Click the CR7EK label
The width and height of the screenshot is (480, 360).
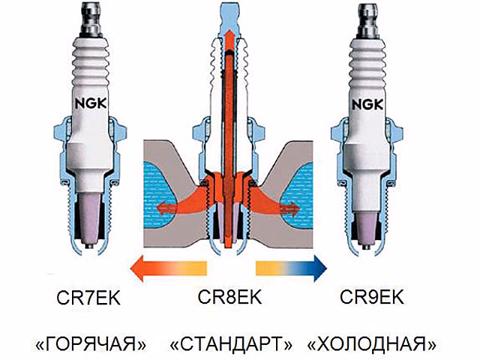click(88, 298)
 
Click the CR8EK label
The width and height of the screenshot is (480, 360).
click(229, 297)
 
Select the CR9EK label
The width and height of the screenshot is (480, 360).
click(372, 297)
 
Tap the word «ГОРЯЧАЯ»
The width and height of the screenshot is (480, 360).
click(91, 343)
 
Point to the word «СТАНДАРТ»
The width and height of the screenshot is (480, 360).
click(232, 343)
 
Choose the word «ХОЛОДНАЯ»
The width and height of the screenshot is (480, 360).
click(372, 343)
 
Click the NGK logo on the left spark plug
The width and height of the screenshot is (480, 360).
click(91, 104)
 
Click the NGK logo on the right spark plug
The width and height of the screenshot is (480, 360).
click(367, 105)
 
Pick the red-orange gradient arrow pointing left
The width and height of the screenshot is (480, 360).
click(168, 268)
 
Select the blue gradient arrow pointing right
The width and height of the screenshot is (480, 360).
click(292, 268)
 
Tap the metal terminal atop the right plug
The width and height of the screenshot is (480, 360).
click(367, 21)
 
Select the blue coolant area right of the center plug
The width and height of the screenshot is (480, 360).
click(298, 196)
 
